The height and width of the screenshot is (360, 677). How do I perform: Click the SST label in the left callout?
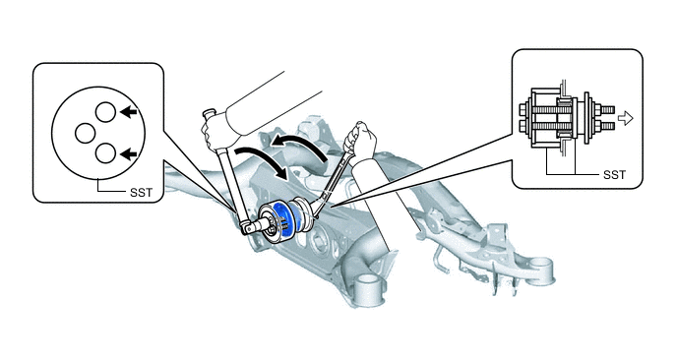(x=141, y=192)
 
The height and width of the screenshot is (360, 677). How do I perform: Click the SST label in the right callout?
(x=614, y=174)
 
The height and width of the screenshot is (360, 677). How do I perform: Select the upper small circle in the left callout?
(x=105, y=112)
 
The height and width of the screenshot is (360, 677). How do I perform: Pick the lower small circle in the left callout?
(x=105, y=152)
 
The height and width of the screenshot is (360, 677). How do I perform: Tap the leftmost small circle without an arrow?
(x=85, y=133)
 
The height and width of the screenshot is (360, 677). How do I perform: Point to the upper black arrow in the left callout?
(x=129, y=112)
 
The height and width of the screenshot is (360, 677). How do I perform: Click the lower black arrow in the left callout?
(x=129, y=153)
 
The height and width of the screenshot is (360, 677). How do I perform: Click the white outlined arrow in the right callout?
(x=626, y=118)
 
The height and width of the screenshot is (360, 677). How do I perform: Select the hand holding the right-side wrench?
(x=361, y=139)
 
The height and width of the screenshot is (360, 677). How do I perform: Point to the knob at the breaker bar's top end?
(x=209, y=113)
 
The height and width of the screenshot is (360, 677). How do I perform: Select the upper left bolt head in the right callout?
(x=523, y=108)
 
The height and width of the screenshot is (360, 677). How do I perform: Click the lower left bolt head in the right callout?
(x=523, y=127)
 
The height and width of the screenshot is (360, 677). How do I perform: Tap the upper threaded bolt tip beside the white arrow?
(x=607, y=110)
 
